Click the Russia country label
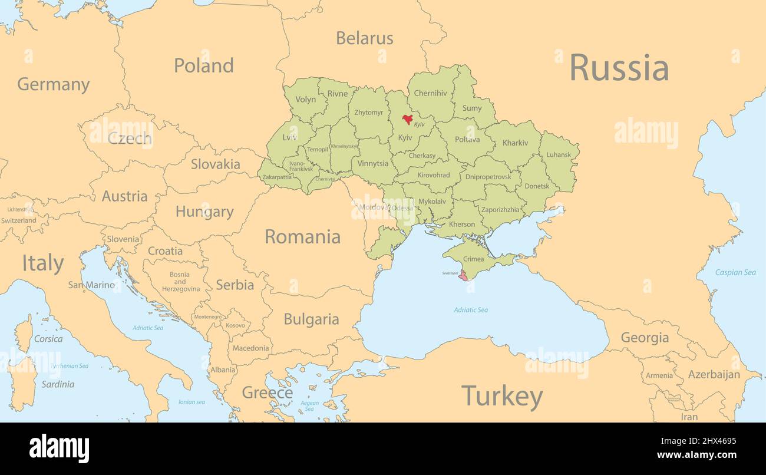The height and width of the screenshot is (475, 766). [x=619, y=68]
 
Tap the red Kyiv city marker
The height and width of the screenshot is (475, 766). [x=407, y=119]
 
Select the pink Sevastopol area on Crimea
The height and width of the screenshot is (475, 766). [x=464, y=275]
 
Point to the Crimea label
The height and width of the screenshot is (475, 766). [x=473, y=259]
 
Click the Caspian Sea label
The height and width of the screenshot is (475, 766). [x=735, y=272]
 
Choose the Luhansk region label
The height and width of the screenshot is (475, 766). [x=559, y=155]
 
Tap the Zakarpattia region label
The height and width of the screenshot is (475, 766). [x=276, y=177]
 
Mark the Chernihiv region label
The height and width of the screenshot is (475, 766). [x=430, y=93]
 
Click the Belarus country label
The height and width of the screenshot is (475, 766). [x=364, y=38]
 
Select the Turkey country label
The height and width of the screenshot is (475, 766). [x=501, y=397]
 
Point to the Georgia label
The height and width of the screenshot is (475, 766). [x=645, y=338]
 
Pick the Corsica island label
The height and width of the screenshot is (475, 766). [x=48, y=339]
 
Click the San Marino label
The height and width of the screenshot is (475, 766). [x=91, y=285]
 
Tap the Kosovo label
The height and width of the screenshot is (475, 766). [x=235, y=325]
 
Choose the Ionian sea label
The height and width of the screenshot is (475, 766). [x=191, y=402]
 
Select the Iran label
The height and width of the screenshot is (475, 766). [x=689, y=417]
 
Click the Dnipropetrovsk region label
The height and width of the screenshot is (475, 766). [x=487, y=176]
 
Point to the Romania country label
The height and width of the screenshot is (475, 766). [x=302, y=237]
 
